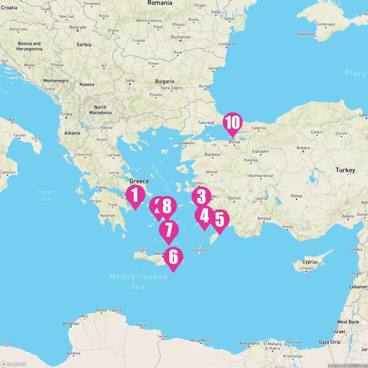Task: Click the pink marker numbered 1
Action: (135, 195)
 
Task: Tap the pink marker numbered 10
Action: (232, 123)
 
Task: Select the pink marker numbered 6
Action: (173, 257)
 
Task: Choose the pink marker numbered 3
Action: (201, 197)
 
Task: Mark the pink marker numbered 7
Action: (169, 230)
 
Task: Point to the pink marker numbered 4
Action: (204, 216)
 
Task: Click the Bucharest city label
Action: (181, 37)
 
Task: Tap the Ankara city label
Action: (303, 148)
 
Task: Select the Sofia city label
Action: (130, 81)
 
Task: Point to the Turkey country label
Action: (345, 170)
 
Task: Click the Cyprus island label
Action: (310, 262)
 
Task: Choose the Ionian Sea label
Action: (46, 195)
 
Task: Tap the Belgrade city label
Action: (78, 27)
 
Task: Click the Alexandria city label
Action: (249, 343)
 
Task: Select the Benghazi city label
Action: (71, 323)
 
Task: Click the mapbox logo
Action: (14, 364)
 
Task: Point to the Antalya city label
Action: (264, 219)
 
